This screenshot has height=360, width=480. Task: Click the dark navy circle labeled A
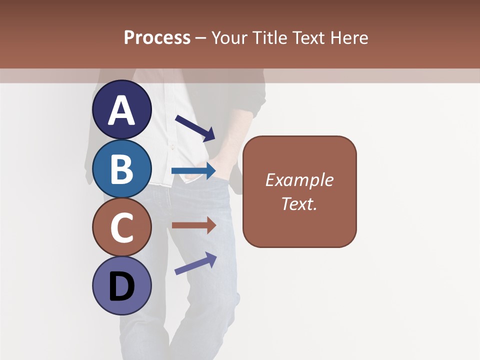pos(122,110)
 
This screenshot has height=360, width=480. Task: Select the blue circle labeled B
pos(122,168)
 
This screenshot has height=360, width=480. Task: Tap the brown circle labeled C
pos(122,227)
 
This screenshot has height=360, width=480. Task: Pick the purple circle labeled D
pos(122,285)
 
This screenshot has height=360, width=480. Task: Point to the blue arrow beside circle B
pos(193,171)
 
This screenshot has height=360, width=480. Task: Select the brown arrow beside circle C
pos(193,225)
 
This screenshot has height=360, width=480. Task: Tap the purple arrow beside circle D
pos(195,263)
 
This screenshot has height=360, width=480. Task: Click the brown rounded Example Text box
pos(299,191)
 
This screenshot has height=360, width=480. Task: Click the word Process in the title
pos(157,37)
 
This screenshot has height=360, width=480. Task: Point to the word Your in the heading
pos(230,37)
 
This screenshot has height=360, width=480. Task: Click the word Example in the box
pos(299,180)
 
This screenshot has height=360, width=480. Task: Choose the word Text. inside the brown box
pos(299,203)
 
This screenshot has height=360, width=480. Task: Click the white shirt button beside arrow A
pos(172,147)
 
